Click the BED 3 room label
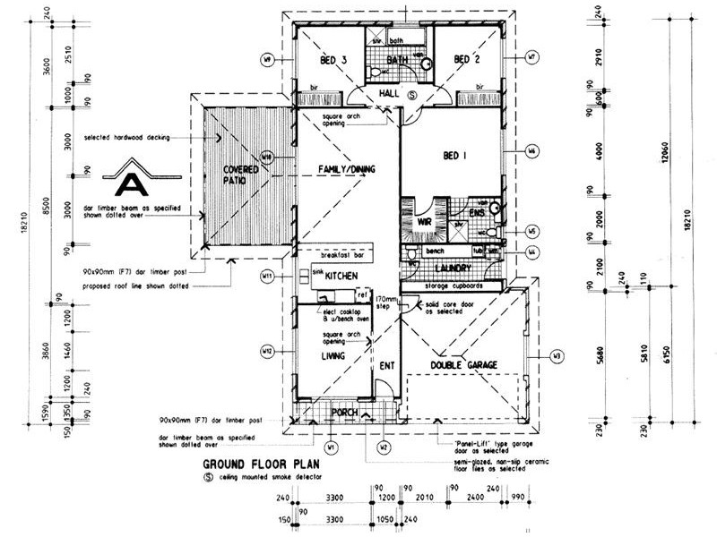(333, 60)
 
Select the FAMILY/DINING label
(344, 170)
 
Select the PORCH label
(344, 413)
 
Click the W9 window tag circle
(267, 60)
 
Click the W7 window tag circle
(532, 56)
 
